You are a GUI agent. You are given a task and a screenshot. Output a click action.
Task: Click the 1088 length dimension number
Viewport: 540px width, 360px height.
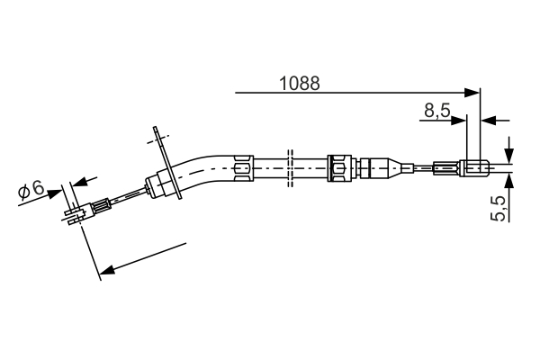(300, 83)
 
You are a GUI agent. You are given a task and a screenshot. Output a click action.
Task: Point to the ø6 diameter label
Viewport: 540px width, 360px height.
(31, 190)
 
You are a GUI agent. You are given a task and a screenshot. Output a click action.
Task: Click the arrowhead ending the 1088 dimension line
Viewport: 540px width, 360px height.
(473, 91)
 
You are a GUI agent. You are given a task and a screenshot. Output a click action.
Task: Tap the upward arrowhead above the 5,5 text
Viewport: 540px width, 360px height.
(508, 179)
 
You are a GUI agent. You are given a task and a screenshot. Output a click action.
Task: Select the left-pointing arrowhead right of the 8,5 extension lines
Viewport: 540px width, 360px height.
(490, 120)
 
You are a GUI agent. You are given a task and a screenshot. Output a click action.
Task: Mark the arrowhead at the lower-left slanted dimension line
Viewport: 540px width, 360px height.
(106, 268)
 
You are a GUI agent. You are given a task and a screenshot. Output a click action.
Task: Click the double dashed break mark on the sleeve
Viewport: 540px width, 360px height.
(289, 167)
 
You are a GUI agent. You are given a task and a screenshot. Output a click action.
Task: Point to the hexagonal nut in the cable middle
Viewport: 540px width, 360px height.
(340, 167)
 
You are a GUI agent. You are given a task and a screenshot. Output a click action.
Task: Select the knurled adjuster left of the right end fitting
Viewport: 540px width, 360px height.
(445, 166)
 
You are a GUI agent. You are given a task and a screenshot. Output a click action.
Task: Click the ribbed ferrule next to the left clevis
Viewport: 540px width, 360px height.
(102, 205)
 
